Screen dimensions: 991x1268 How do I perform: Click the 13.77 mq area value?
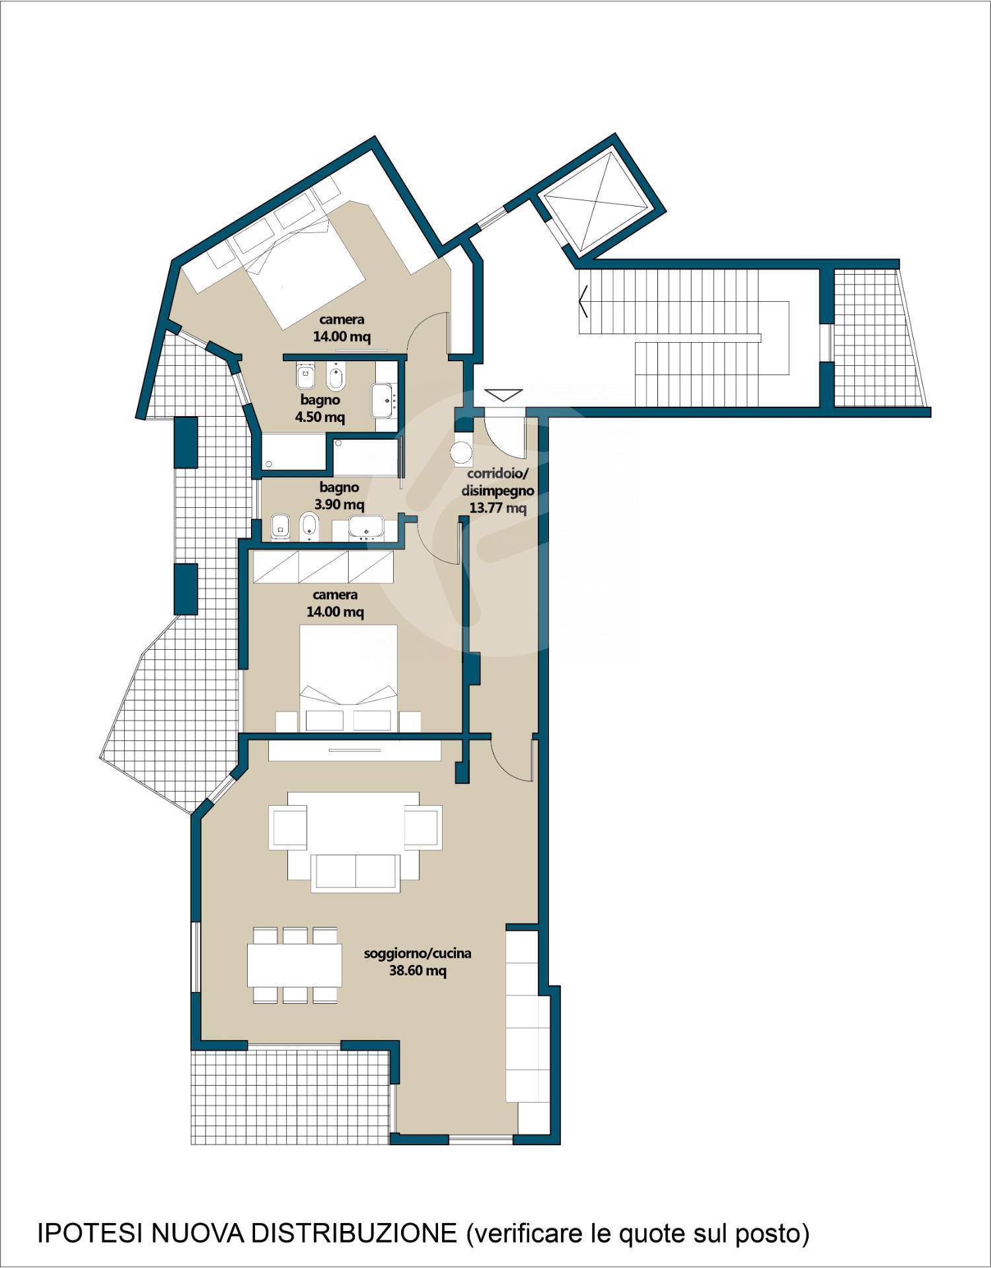pyautogui.click(x=497, y=508)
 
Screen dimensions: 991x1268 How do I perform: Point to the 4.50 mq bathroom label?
pyautogui.click(x=320, y=417)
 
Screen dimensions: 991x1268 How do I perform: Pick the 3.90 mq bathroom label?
pyautogui.click(x=340, y=505)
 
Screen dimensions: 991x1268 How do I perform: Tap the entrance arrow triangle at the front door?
pyautogui.click(x=503, y=395)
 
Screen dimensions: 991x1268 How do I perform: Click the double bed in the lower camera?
pyautogui.click(x=349, y=678)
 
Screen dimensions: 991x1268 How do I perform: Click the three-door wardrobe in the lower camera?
pyautogui.click(x=324, y=567)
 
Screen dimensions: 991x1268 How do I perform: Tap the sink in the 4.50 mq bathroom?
pyautogui.click(x=384, y=399)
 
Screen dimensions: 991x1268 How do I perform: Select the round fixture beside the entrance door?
pyautogui.click(x=462, y=454)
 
